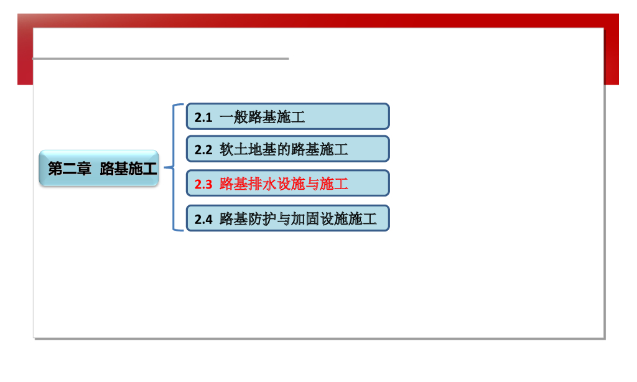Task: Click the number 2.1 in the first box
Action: coord(203,118)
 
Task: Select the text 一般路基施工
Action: coord(262,117)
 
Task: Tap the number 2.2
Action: coord(203,150)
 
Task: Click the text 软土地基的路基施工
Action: coord(284,149)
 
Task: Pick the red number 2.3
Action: coord(203,185)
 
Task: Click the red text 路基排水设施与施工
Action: coord(284,184)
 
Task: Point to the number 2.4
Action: coord(203,220)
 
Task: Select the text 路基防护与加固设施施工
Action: coord(298,219)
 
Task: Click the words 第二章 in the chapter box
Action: coord(70,168)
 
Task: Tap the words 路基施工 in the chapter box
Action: coord(128,168)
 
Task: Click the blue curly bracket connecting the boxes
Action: coord(174,167)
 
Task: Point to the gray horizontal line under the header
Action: coord(161,58)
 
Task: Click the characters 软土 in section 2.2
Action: coord(234,149)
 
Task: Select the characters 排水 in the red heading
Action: coord(262,184)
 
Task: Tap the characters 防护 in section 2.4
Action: coord(262,219)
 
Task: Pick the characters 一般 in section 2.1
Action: coord(234,117)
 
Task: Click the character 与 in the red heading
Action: coord(312,184)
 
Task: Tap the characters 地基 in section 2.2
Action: coord(262,149)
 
